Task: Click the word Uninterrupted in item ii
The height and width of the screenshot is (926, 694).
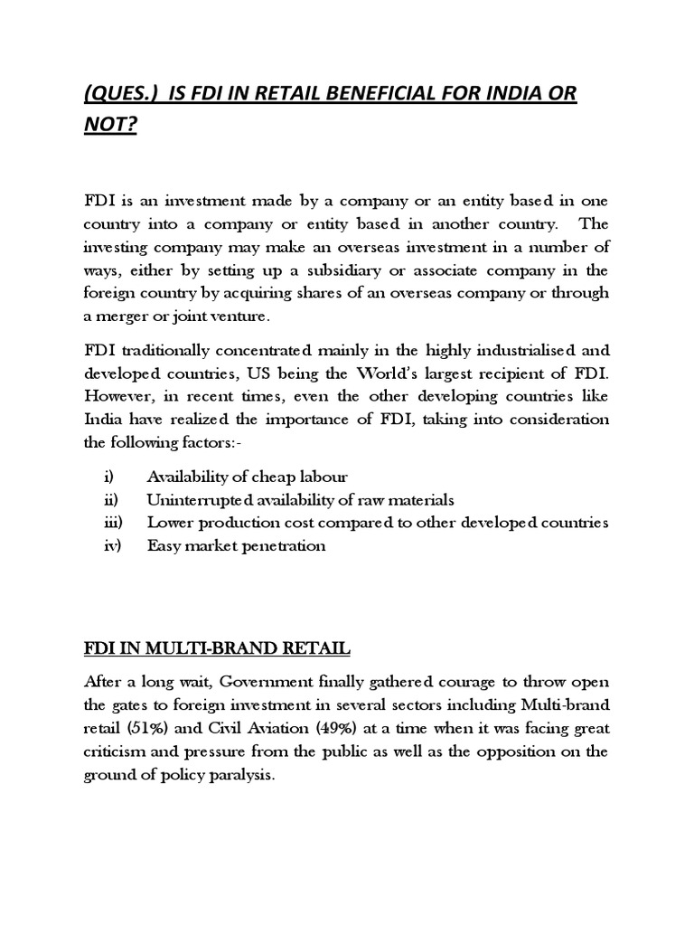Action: click(x=192, y=500)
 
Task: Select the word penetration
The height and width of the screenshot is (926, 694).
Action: click(x=279, y=546)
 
